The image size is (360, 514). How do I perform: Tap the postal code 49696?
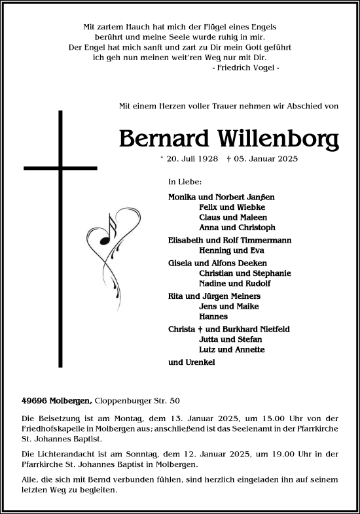pos(33,400)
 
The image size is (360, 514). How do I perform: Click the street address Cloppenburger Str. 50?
pos(138,400)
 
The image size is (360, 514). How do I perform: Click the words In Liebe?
pos(185,182)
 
